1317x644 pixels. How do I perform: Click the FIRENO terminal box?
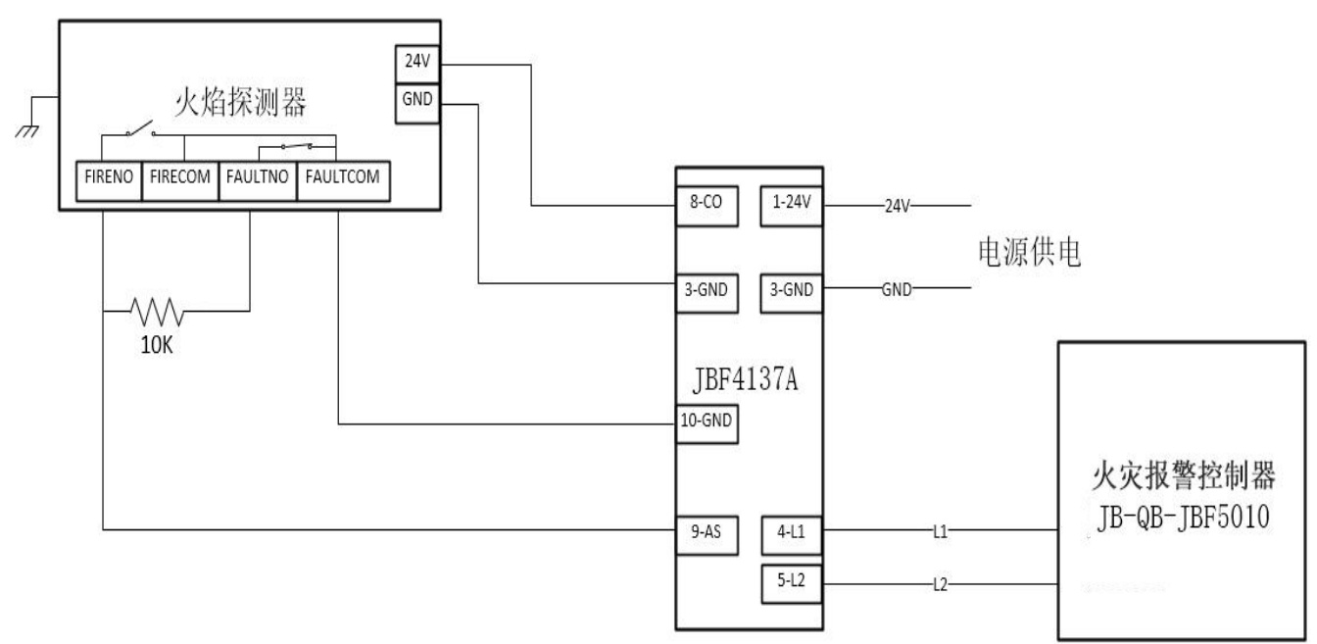[109, 180]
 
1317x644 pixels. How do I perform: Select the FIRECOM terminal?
[180, 180]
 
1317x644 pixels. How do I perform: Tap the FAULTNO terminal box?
[258, 180]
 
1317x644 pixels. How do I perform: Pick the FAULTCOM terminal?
[343, 180]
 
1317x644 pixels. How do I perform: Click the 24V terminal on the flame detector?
[417, 64]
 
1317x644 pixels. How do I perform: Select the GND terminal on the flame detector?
[417, 104]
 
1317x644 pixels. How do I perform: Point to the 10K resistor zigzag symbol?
[157, 312]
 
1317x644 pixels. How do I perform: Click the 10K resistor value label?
[157, 345]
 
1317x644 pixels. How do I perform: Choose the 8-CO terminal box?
[707, 206]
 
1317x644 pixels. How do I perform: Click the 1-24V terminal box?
[792, 206]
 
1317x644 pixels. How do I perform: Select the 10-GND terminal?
[707, 424]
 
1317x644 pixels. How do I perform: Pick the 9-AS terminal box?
[707, 535]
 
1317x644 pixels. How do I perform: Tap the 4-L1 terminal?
[792, 535]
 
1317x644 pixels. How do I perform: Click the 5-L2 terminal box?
[792, 584]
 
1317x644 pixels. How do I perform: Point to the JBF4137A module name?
[746, 379]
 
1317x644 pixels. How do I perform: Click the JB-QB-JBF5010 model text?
[1183, 517]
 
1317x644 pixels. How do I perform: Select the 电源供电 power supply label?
[1030, 252]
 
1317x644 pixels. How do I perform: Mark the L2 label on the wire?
[940, 584]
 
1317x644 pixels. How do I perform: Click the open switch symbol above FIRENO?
[141, 129]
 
